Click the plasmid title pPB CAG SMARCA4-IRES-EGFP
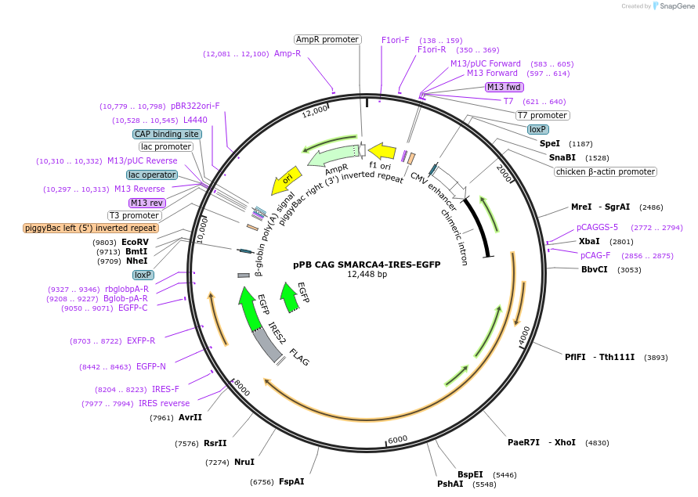tap(367, 265)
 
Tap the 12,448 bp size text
tap(367, 275)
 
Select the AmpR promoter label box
tap(327, 39)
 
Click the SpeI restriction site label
tap(550, 144)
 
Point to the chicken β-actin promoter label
tap(606, 171)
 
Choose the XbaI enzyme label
tap(589, 241)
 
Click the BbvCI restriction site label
tap(595, 269)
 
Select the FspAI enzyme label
tap(291, 481)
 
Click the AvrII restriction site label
tap(190, 417)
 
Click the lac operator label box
tap(152, 175)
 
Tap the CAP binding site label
tap(167, 134)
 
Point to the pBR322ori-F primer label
tap(195, 106)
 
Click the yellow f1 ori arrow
tap(382, 150)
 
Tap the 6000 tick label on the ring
tap(398, 439)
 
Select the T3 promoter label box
tap(135, 215)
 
